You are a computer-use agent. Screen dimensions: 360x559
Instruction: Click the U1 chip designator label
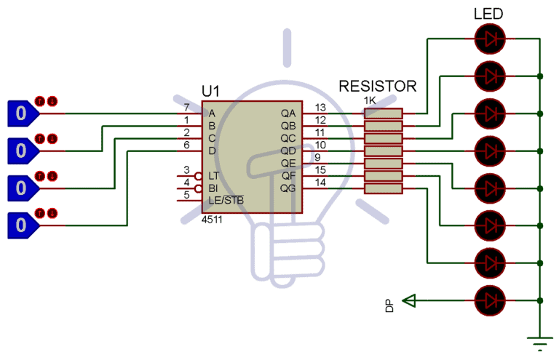(x=210, y=92)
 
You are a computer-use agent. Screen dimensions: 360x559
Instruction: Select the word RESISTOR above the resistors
(x=378, y=87)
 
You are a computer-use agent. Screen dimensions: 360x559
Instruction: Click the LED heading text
(x=488, y=14)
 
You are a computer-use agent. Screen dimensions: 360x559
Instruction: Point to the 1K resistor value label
(x=370, y=100)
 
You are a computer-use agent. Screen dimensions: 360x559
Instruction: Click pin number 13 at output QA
(x=320, y=108)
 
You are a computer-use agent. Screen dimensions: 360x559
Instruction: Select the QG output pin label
(x=288, y=188)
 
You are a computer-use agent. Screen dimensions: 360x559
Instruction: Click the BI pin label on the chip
(x=213, y=188)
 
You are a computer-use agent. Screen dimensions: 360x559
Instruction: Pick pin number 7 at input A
(x=187, y=108)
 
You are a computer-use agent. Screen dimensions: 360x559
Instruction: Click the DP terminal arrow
(x=410, y=299)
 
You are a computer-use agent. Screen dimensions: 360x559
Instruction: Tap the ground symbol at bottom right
(x=539, y=342)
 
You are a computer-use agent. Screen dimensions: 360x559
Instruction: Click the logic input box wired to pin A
(x=22, y=113)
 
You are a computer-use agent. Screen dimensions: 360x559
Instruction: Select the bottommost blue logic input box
(x=22, y=225)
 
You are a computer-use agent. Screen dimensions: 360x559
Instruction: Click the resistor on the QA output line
(x=383, y=113)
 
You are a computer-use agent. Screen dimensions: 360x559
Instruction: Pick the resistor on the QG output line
(x=383, y=188)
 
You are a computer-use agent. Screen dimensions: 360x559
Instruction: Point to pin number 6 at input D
(x=187, y=145)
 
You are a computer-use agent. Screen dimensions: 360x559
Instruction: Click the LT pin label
(x=213, y=176)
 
